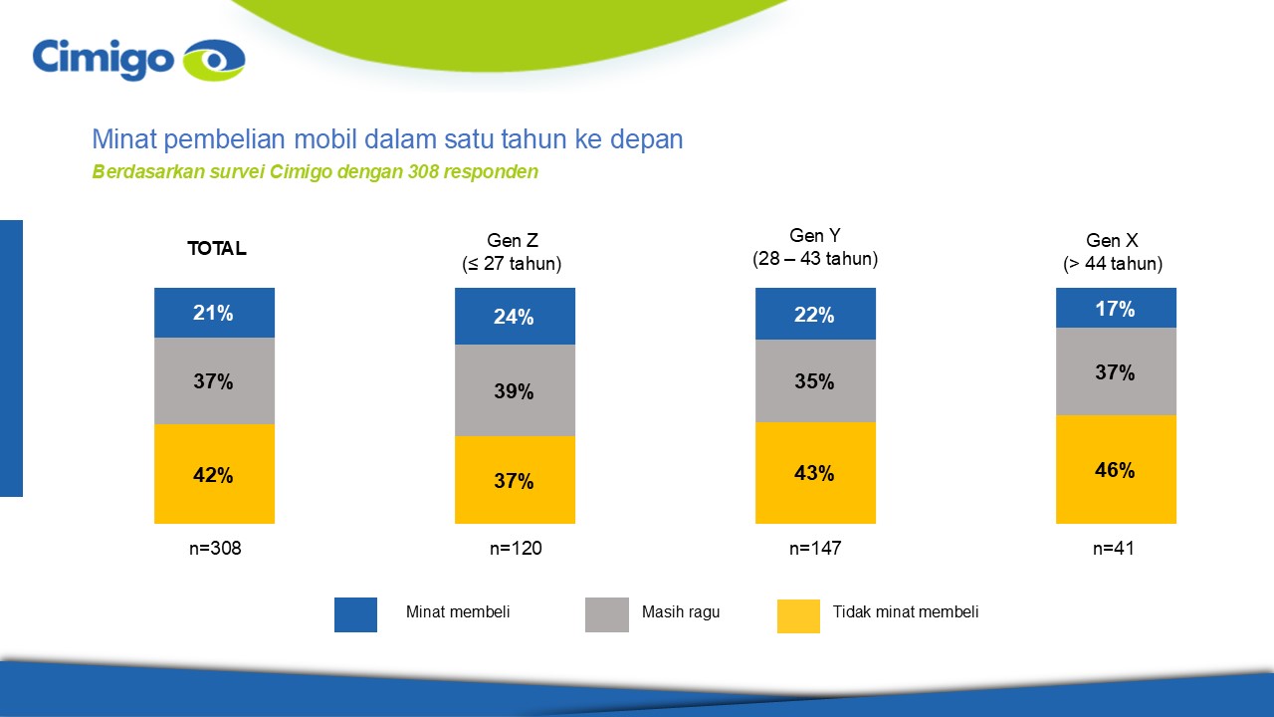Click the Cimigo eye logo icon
(x=214, y=60)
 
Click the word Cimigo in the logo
(x=103, y=59)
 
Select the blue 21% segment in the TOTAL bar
(x=214, y=313)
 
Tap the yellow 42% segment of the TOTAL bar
(x=214, y=474)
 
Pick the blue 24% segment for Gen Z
(x=515, y=316)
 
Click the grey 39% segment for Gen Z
(x=515, y=390)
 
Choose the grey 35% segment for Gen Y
(x=815, y=380)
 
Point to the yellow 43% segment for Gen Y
(x=815, y=473)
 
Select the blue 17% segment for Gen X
(x=1116, y=308)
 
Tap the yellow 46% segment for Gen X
(x=1116, y=469)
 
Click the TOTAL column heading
(x=217, y=248)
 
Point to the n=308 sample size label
(x=215, y=548)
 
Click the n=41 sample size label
(x=1114, y=548)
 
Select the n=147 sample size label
(x=815, y=548)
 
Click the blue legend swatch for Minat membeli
(x=355, y=614)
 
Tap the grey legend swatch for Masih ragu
(x=607, y=614)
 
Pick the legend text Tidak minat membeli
(x=906, y=611)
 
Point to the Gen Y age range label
(x=815, y=259)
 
